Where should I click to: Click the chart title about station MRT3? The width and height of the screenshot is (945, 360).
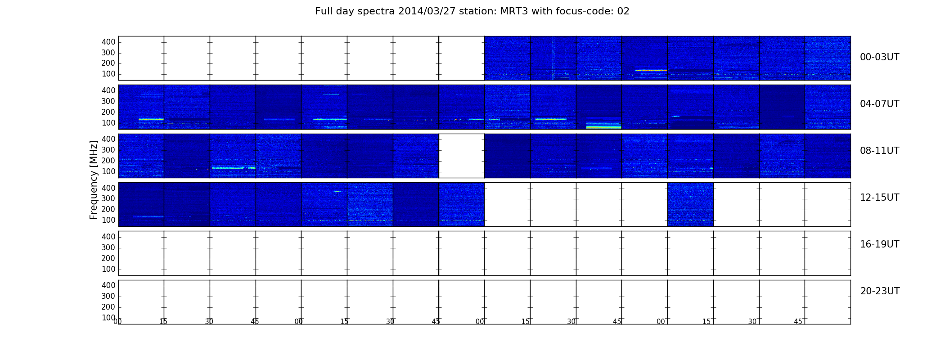pos(472,11)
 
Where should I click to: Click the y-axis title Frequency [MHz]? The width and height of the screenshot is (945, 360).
pos(94,180)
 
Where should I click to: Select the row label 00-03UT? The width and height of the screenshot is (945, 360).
pos(879,57)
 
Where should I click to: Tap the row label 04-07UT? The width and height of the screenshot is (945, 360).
pos(879,104)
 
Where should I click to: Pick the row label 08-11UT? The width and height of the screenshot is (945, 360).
pos(879,151)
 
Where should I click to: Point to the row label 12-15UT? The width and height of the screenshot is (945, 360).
pos(879,198)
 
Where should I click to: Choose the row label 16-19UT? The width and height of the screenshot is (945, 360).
pos(879,244)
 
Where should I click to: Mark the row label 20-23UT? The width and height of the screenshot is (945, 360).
pos(880,291)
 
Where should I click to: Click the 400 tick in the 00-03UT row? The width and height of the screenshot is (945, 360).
pos(108,42)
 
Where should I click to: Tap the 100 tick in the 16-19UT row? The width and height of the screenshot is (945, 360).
pos(108,269)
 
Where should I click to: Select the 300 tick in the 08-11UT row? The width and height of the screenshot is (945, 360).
pos(108,150)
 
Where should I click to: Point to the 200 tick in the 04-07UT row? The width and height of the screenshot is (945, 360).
pos(108,112)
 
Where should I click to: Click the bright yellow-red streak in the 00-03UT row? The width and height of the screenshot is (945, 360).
pos(651,70)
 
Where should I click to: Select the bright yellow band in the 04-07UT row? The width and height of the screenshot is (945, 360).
pos(603,127)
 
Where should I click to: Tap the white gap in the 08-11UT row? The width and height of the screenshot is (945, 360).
pos(462,156)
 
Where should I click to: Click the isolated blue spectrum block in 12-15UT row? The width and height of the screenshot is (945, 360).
pos(690,204)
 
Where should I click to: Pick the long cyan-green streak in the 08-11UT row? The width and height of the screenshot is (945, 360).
pos(228,168)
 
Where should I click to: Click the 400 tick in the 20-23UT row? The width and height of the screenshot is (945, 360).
pos(108,285)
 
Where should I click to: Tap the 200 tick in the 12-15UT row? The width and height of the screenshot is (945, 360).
pos(108,209)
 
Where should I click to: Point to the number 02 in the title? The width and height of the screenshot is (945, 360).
pos(624,11)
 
